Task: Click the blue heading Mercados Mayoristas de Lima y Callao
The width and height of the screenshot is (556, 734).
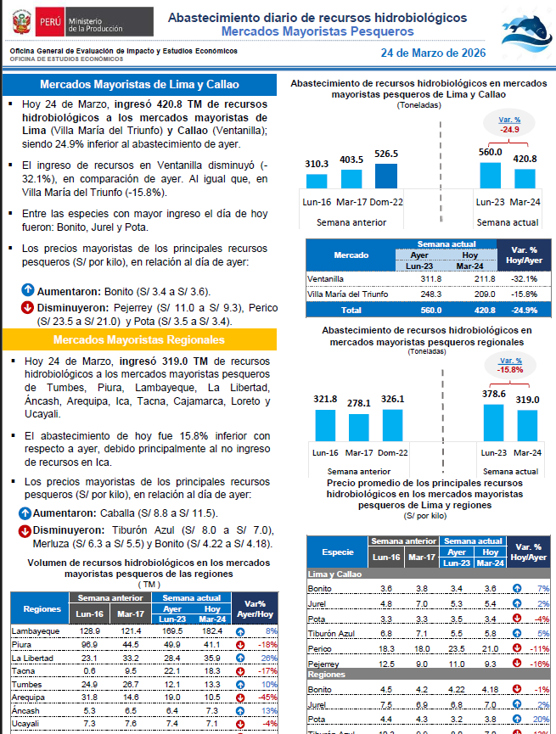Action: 139,85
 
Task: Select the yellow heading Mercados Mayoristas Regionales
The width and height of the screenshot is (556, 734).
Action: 139,340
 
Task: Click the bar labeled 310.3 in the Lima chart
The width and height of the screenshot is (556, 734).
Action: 317,181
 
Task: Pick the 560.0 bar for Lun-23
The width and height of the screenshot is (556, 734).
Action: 491,175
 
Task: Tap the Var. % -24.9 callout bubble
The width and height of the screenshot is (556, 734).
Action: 509,125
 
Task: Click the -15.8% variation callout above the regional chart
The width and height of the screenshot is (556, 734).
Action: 509,365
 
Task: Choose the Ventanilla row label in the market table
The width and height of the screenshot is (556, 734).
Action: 327,278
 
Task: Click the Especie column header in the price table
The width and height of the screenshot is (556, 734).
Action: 338,552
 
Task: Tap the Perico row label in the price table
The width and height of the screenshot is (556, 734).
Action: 320,647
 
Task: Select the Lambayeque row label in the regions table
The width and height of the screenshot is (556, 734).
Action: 35,631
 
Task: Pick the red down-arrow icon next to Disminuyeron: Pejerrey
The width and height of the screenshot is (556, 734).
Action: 26,306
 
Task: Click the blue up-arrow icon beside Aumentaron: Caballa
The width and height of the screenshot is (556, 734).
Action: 26,513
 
